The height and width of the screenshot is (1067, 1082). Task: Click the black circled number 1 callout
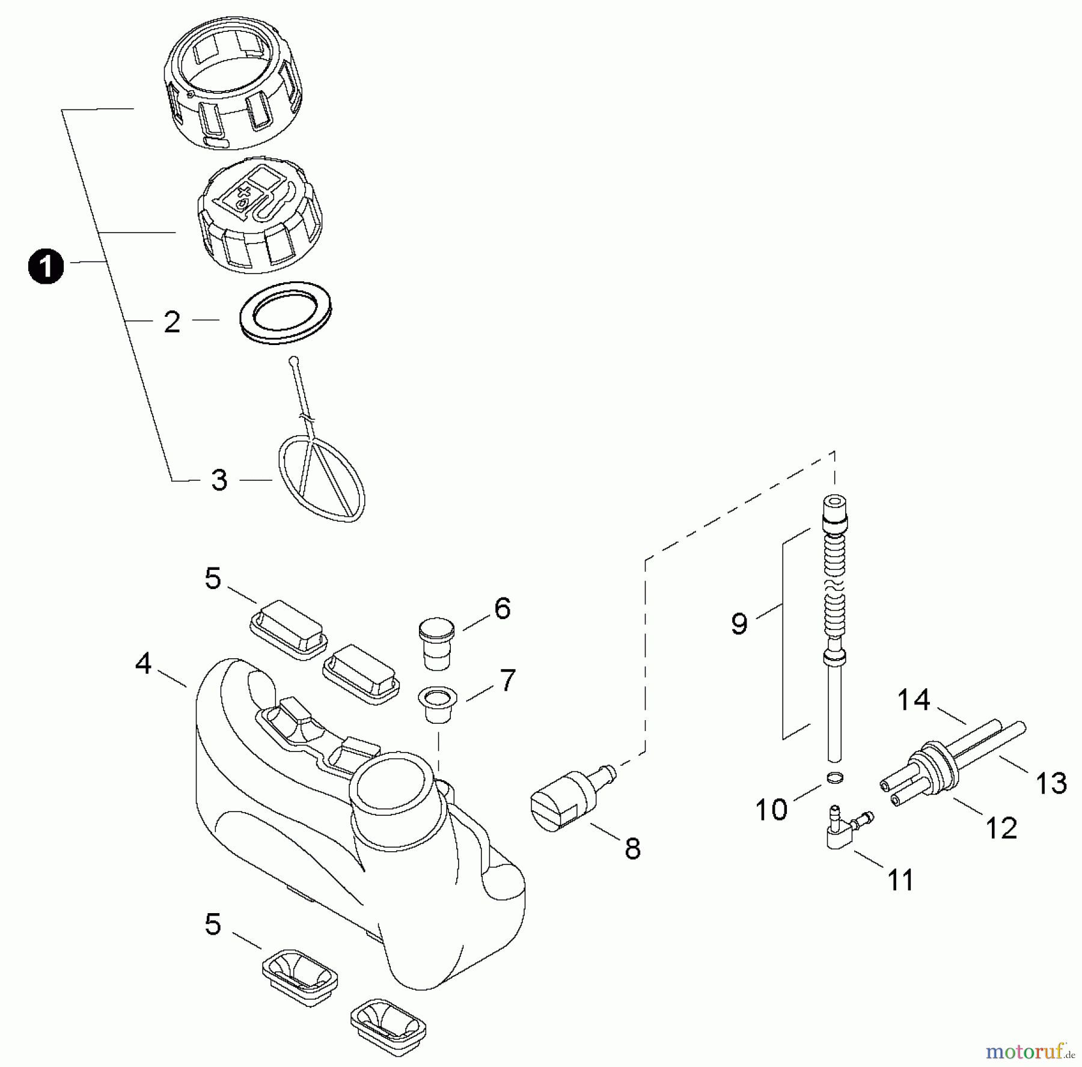(x=46, y=267)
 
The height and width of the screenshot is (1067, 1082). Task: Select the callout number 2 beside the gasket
(x=172, y=322)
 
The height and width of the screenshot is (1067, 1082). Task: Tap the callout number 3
(x=219, y=480)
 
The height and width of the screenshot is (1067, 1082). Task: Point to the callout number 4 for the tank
(x=143, y=664)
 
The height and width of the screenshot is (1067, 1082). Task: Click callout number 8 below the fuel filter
(x=632, y=849)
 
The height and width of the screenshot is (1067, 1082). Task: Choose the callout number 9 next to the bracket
(x=739, y=623)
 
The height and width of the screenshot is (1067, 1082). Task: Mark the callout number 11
(x=900, y=881)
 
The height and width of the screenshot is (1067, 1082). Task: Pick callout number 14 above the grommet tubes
(x=914, y=700)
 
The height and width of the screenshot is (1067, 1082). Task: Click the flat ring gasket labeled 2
(x=286, y=313)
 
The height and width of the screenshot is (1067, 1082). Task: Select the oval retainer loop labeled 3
(x=322, y=479)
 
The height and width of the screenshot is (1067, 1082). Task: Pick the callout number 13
(x=1051, y=783)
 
